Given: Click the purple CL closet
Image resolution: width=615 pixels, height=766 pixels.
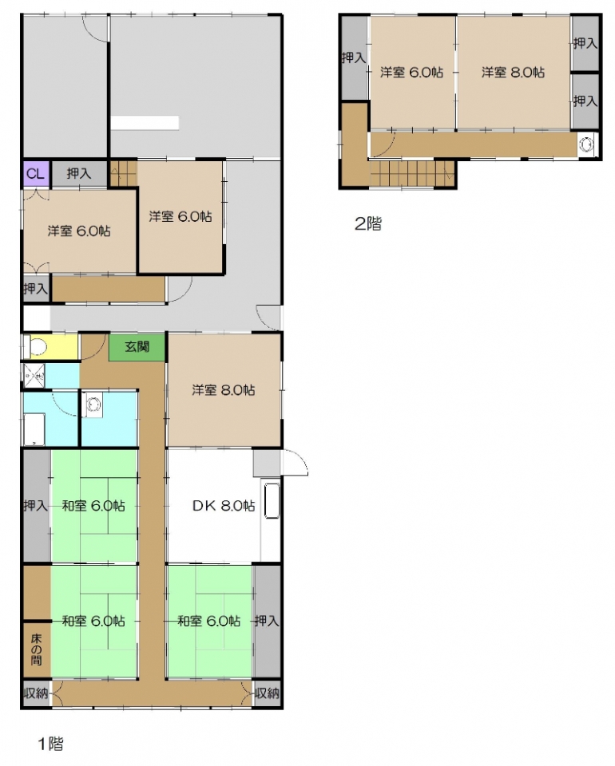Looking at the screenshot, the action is click(x=35, y=174).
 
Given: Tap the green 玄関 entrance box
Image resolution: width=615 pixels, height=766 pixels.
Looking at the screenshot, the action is click(x=137, y=347).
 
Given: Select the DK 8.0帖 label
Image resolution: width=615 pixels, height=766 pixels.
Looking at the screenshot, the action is click(x=224, y=506).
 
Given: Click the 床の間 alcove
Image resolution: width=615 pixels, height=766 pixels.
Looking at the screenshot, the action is click(x=36, y=650).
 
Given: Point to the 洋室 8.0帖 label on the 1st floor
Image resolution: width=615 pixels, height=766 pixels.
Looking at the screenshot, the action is click(x=224, y=390).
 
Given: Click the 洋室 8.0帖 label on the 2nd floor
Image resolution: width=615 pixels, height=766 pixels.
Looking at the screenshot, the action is click(x=513, y=73).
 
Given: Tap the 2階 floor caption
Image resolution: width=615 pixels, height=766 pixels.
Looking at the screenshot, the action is click(x=368, y=223).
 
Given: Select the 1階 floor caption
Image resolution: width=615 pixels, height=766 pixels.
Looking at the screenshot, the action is click(x=51, y=744).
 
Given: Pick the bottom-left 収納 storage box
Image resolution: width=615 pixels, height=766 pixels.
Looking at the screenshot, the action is click(x=36, y=693).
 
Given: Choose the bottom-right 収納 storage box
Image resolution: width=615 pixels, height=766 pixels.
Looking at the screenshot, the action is click(x=267, y=693).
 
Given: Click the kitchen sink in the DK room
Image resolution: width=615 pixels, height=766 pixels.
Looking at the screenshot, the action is click(x=272, y=501).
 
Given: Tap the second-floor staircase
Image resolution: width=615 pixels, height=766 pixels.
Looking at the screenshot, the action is click(x=411, y=173).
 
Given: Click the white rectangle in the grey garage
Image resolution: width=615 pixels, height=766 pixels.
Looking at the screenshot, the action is click(x=145, y=123).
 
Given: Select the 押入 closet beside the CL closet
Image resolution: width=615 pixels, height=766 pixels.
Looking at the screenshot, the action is click(x=79, y=173).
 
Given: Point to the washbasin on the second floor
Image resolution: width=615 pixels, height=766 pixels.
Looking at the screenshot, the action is click(x=586, y=144).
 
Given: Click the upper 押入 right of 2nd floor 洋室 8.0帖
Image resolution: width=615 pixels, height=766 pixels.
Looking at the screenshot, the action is click(x=585, y=43).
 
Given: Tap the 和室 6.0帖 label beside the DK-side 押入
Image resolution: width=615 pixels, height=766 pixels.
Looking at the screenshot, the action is click(x=209, y=621).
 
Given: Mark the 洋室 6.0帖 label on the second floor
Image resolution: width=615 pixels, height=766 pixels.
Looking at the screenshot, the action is click(x=411, y=73).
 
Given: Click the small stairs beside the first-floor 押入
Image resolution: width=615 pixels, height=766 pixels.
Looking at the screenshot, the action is click(x=123, y=173).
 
